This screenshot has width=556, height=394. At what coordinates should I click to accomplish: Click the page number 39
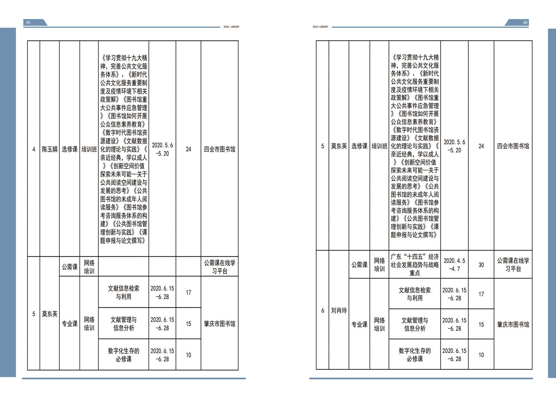[x=28, y=23]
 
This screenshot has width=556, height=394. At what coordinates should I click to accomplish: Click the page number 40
[x=525, y=23]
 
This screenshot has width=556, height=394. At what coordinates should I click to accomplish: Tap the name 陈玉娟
[x=50, y=149]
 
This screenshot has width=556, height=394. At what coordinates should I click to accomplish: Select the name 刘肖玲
[x=339, y=310]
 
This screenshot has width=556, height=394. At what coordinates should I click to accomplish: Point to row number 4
[x=34, y=149]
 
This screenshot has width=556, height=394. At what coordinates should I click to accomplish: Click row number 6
[x=323, y=310]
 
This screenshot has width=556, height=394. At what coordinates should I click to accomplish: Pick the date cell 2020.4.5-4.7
[x=454, y=265]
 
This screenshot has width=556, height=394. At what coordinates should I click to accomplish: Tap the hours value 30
[x=481, y=265]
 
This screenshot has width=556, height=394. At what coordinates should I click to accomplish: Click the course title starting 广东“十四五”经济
[x=415, y=265]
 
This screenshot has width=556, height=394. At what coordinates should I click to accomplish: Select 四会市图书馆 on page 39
[x=220, y=149]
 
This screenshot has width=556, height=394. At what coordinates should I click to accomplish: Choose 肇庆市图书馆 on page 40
[x=513, y=324]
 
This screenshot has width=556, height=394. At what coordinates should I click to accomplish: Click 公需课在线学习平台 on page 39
[x=220, y=267]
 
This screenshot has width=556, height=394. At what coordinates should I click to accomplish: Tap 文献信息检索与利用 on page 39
[x=123, y=293]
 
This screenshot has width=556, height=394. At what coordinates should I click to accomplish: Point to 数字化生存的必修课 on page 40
[x=415, y=355]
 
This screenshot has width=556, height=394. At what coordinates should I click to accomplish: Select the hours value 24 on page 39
[x=188, y=149]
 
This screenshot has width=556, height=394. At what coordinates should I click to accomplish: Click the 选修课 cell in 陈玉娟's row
[x=70, y=149]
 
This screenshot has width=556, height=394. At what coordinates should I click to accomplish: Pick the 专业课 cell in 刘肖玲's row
[x=360, y=324]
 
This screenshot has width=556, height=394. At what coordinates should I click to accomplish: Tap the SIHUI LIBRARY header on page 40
[x=321, y=27]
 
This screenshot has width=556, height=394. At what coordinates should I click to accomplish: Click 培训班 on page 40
[x=379, y=146]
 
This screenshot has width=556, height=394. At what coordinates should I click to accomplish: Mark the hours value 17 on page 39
[x=188, y=293]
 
